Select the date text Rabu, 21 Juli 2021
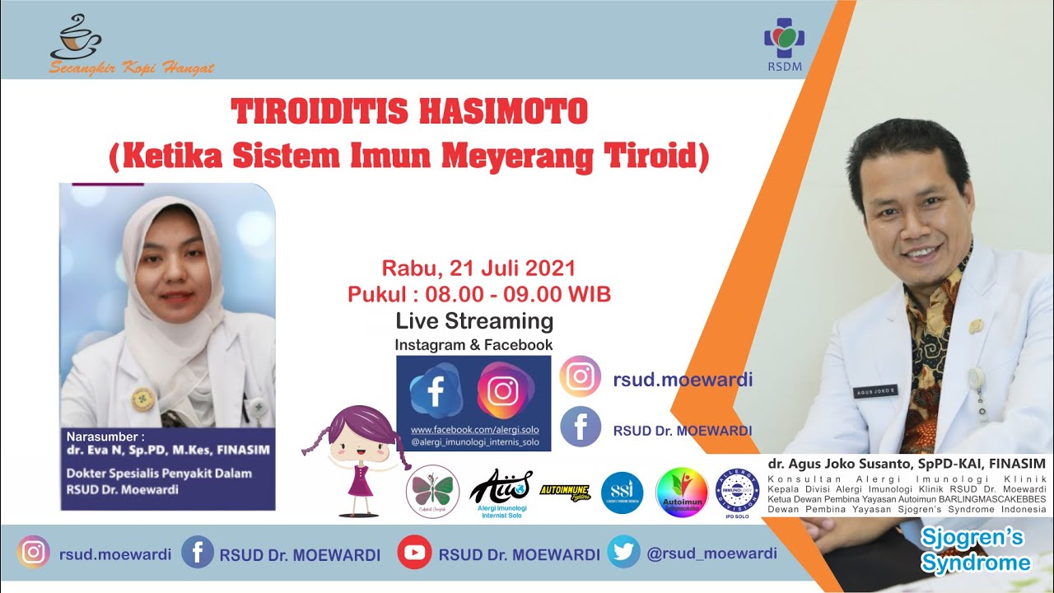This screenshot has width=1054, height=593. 478,268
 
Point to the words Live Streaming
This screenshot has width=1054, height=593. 474,320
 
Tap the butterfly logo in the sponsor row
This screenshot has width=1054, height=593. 433,492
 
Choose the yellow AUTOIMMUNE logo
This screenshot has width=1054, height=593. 565,490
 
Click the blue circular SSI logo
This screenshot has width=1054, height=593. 622,492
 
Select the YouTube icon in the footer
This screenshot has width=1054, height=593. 414,553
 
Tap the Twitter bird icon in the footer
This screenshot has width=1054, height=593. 623,553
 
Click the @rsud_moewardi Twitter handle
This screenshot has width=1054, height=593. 711,553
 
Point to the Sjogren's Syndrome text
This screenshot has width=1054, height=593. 975,551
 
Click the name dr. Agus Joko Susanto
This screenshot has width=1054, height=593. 839,465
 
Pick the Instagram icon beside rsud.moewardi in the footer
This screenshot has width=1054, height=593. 34,553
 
